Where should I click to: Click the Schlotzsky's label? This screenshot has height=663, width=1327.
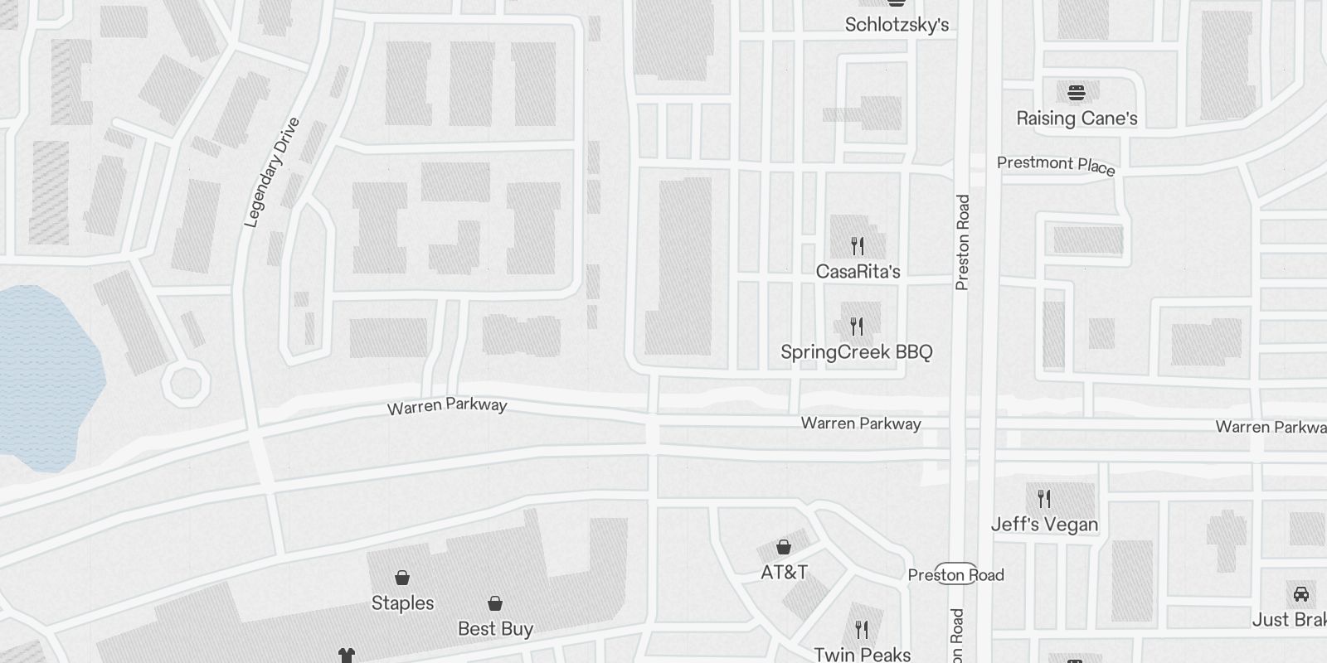coord(897,25)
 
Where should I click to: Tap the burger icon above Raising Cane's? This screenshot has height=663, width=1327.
coord(1077,92)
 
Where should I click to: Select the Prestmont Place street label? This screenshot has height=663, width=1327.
coord(1056,165)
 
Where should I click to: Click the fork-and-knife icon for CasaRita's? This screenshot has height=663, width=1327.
coord(858,245)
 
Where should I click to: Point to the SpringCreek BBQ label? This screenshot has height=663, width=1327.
coord(857,352)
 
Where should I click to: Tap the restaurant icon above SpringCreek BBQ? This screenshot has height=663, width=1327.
coord(857,326)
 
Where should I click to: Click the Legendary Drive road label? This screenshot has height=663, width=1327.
coord(272,172)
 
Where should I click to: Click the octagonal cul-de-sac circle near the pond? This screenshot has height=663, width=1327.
coord(183,384)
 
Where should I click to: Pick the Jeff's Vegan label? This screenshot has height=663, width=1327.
coord(1044,525)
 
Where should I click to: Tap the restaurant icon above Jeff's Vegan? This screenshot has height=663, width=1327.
coord(1044,499)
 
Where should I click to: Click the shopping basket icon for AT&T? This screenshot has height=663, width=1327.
coord(783,547)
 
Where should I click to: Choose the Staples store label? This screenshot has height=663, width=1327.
coord(402,603)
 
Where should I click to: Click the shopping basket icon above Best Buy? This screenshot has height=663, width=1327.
coord(495,603)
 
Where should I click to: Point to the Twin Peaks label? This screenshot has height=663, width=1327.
coord(863,655)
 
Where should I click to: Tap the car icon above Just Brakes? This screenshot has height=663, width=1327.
coord(1301,594)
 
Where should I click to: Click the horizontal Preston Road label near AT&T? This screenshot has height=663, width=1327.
coord(955,575)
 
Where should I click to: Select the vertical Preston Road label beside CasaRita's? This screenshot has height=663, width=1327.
coord(962,242)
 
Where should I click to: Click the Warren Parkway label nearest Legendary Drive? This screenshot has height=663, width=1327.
coord(447,406)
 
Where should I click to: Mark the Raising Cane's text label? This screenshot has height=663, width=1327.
coord(1077,119)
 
